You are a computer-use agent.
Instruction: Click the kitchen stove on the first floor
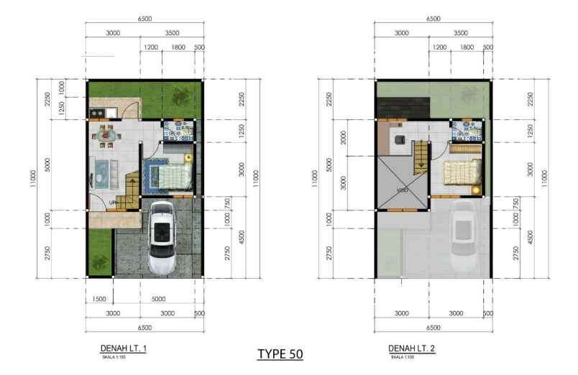(x=97, y=113)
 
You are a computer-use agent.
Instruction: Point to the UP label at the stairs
(x=112, y=203)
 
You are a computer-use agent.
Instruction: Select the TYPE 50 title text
(x=280, y=355)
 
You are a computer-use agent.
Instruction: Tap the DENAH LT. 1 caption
(x=123, y=348)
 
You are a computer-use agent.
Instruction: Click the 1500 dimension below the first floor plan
(x=99, y=299)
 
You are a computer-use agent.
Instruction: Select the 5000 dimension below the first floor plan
(x=158, y=299)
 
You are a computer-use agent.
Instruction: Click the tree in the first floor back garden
(x=178, y=95)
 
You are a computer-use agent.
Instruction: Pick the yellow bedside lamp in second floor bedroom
(x=476, y=189)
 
